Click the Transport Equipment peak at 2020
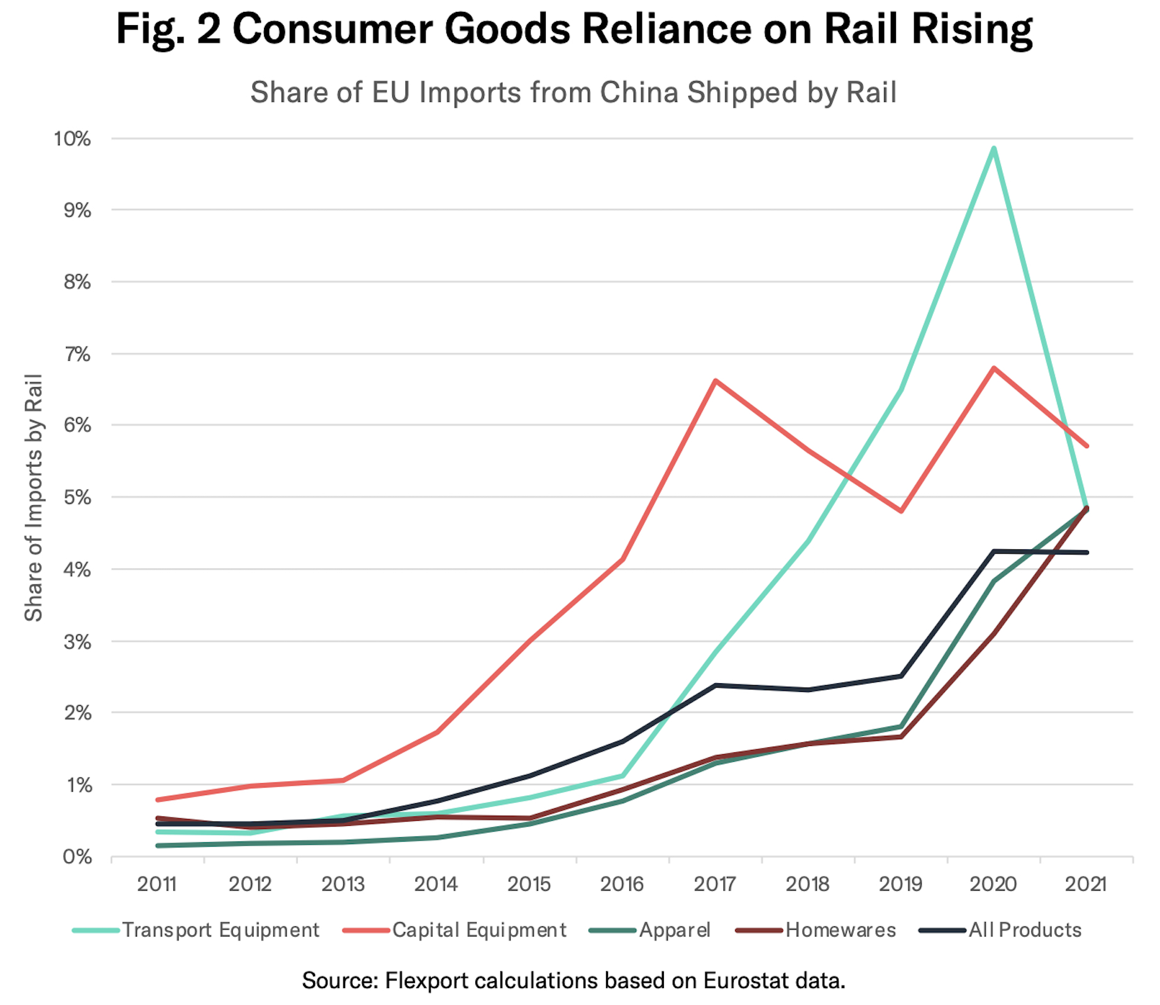tap(993, 148)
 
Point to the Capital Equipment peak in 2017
tap(715, 381)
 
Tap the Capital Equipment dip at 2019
tap(901, 511)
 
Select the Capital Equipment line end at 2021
tap(1086, 446)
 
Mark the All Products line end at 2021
tap(1086, 552)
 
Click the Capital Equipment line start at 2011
tap(157, 799)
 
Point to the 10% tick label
tap(72, 139)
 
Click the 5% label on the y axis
tap(77, 498)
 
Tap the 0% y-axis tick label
tap(77, 857)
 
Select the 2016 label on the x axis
tap(622, 884)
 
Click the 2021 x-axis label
tap(1086, 884)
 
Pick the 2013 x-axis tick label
tap(343, 884)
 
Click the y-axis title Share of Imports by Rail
tap(33, 498)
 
